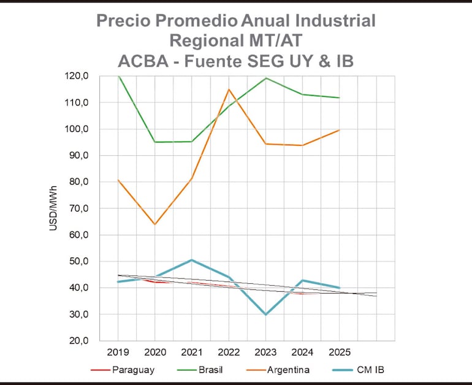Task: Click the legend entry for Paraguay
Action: pos(122,369)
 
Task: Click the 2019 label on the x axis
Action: pos(118,352)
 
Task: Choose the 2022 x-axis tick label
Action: pos(229,352)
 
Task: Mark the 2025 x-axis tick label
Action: pos(339,352)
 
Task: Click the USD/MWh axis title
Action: pos(53,208)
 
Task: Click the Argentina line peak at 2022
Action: pos(229,90)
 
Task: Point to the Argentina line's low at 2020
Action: pos(154,224)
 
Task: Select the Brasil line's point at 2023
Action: pos(265,78)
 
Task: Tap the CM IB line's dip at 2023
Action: pos(265,314)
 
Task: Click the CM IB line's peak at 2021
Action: pos(191,260)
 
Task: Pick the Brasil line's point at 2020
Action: pos(154,142)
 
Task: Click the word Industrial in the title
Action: pos(331,20)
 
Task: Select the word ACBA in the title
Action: pos(142,61)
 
